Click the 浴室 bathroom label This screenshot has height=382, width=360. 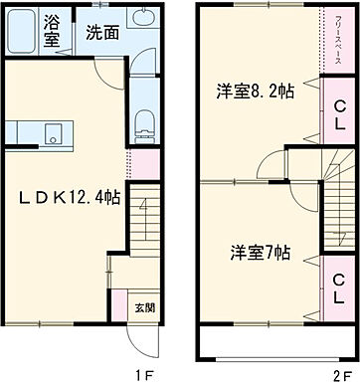51,30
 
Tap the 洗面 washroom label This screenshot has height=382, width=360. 101,31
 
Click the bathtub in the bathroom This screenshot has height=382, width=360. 23,33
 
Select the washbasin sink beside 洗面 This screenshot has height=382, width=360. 142,24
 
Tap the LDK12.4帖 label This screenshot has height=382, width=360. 67,197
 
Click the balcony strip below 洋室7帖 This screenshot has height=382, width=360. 274,345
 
